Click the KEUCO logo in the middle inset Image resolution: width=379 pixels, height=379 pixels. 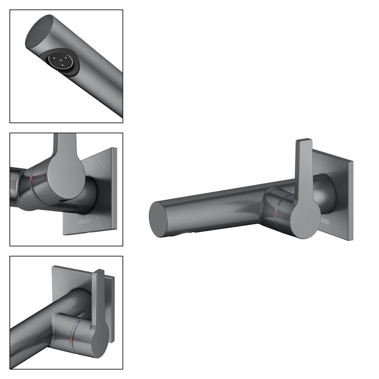[85, 221]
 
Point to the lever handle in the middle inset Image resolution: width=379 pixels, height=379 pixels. [66, 169]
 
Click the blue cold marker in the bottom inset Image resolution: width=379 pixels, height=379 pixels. [79, 322]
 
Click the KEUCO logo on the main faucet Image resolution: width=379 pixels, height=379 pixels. [325, 221]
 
